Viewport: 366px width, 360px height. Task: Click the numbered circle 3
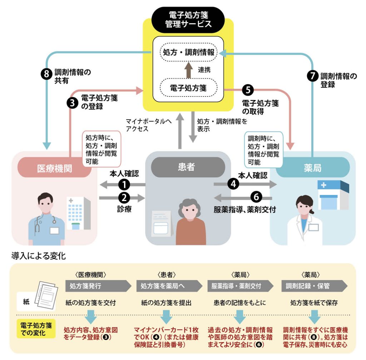(x=73, y=102)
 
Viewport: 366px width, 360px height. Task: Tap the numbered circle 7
(x=312, y=76)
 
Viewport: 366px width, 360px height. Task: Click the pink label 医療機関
(x=54, y=168)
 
